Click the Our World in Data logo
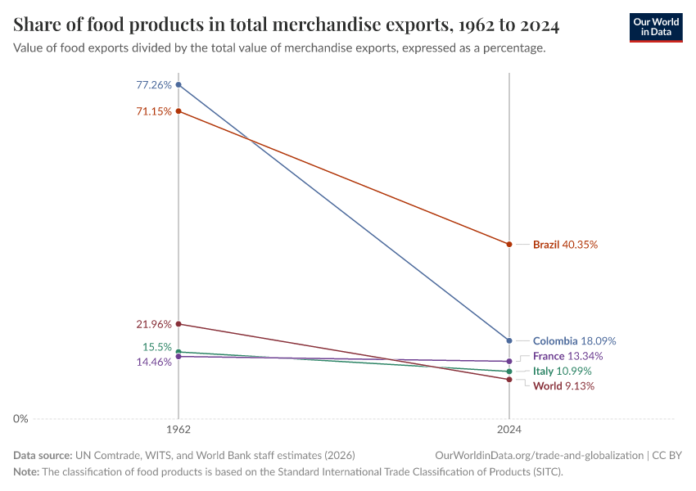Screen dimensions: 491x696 pyautogui.click(x=655, y=27)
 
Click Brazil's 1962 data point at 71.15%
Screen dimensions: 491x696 pyautogui.click(x=179, y=111)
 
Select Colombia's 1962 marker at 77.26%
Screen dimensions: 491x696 pyautogui.click(x=179, y=84)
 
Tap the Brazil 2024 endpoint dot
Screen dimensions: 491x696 pyautogui.click(x=509, y=244)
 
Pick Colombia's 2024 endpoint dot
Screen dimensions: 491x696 pyautogui.click(x=509, y=340)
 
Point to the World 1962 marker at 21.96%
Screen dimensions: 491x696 pyautogui.click(x=179, y=324)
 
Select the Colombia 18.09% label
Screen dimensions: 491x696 pyautogui.click(x=574, y=341)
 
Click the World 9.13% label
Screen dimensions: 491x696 pyautogui.click(x=563, y=386)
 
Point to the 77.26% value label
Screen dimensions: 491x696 pyautogui.click(x=154, y=84)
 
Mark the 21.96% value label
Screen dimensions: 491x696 pyautogui.click(x=154, y=324)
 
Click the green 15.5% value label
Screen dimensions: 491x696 pyautogui.click(x=156, y=347)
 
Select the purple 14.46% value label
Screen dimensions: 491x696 pyautogui.click(x=154, y=362)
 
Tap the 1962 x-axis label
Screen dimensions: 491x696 pyautogui.click(x=179, y=429)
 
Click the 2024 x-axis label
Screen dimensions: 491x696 pyautogui.click(x=509, y=429)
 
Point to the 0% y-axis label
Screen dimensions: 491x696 pyautogui.click(x=20, y=419)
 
